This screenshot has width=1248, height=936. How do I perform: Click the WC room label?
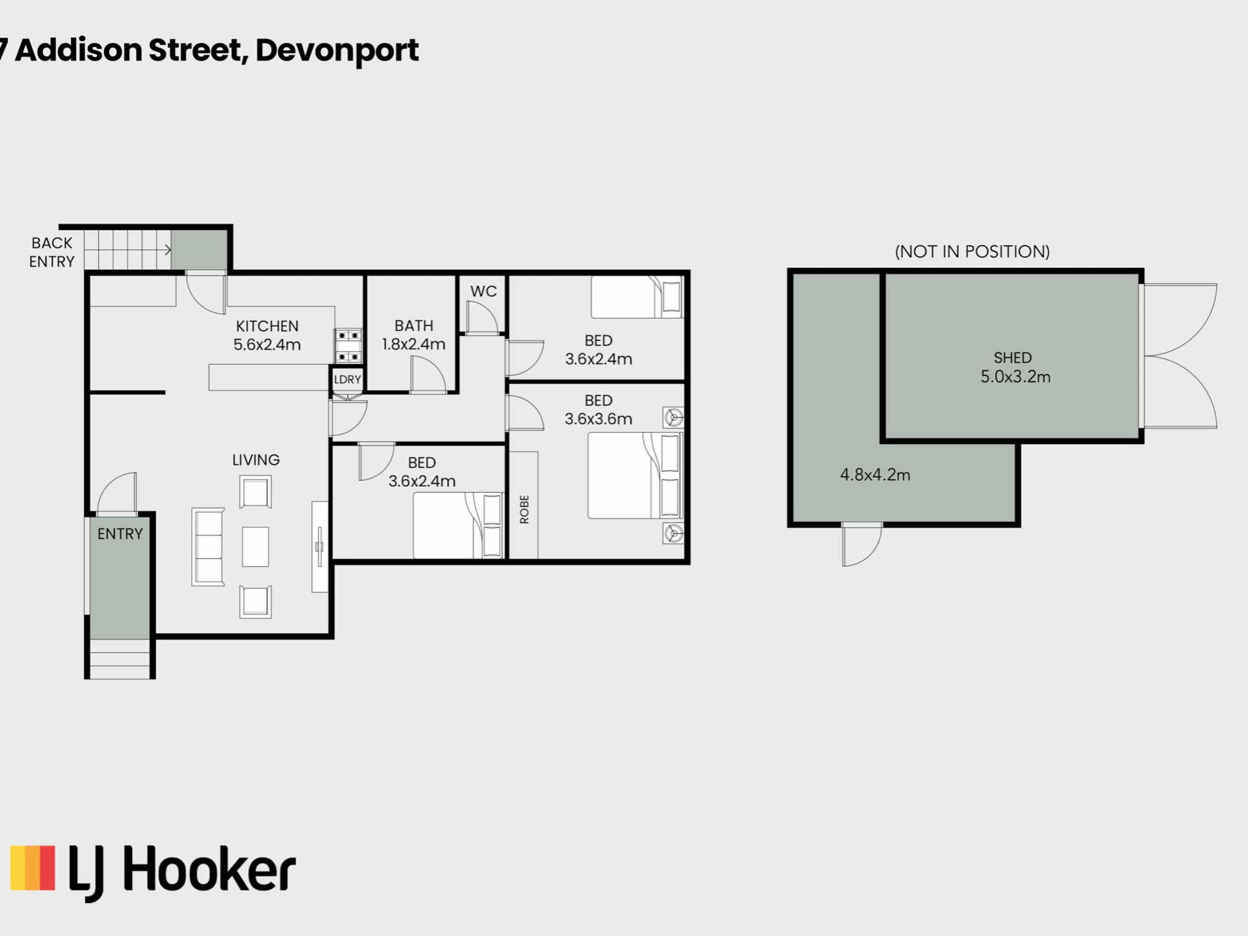[484, 291]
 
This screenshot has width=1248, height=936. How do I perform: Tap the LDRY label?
[347, 380]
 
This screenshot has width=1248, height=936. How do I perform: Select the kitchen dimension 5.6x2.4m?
[267, 344]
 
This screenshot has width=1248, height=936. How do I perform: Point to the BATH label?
[413, 326]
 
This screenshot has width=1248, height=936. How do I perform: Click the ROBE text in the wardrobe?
[525, 510]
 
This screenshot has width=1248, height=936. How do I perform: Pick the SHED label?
[1013, 357]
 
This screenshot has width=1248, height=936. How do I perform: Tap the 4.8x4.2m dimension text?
[875, 474]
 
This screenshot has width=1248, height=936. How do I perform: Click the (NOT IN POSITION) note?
[972, 252]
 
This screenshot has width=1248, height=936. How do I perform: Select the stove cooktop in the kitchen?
[348, 346]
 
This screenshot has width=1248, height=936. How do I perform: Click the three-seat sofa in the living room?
[208, 547]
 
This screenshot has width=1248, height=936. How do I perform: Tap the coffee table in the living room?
[255, 547]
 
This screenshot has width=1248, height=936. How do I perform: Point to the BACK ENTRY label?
[52, 252]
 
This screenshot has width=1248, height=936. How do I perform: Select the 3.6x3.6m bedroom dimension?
[598, 419]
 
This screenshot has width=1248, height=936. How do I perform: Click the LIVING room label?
[256, 460]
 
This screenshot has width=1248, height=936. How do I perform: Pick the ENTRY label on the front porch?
[120, 534]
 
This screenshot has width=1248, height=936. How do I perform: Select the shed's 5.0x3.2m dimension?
[1015, 376]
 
